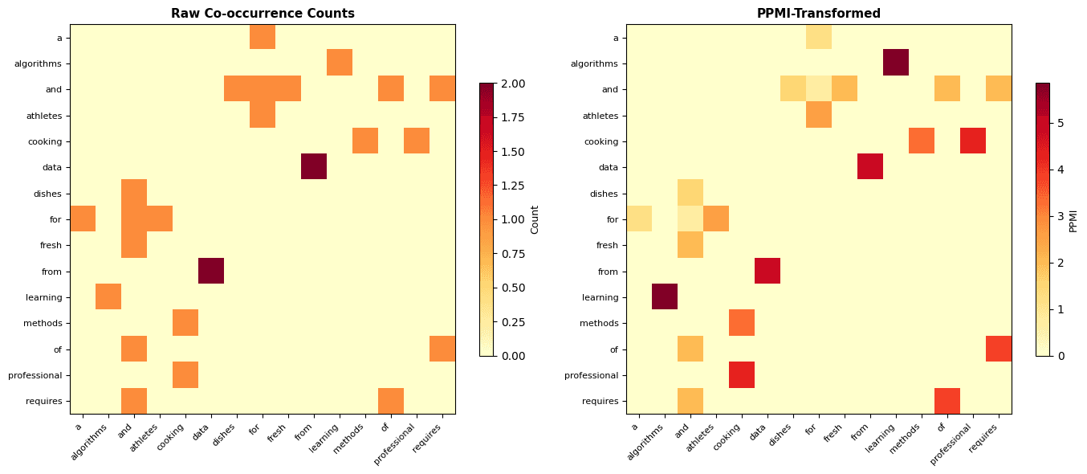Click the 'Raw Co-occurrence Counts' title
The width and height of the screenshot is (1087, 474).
click(x=263, y=14)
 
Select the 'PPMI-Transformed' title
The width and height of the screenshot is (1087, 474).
click(x=818, y=14)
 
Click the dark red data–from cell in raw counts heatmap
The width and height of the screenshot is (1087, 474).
click(x=314, y=167)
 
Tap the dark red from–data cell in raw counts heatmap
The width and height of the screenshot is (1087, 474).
click(x=211, y=271)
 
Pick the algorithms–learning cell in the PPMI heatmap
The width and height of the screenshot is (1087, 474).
click(x=896, y=63)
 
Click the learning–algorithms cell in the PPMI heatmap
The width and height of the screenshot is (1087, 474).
click(x=665, y=296)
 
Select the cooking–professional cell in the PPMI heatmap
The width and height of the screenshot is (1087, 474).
click(x=973, y=141)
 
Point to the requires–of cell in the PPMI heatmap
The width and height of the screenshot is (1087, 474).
click(x=947, y=401)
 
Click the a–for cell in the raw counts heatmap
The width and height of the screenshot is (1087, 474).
click(x=263, y=37)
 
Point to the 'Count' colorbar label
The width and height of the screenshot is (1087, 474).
click(x=535, y=219)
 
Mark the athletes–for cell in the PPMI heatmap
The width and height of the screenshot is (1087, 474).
click(x=819, y=115)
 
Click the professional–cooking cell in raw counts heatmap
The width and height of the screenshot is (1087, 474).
click(x=185, y=374)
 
